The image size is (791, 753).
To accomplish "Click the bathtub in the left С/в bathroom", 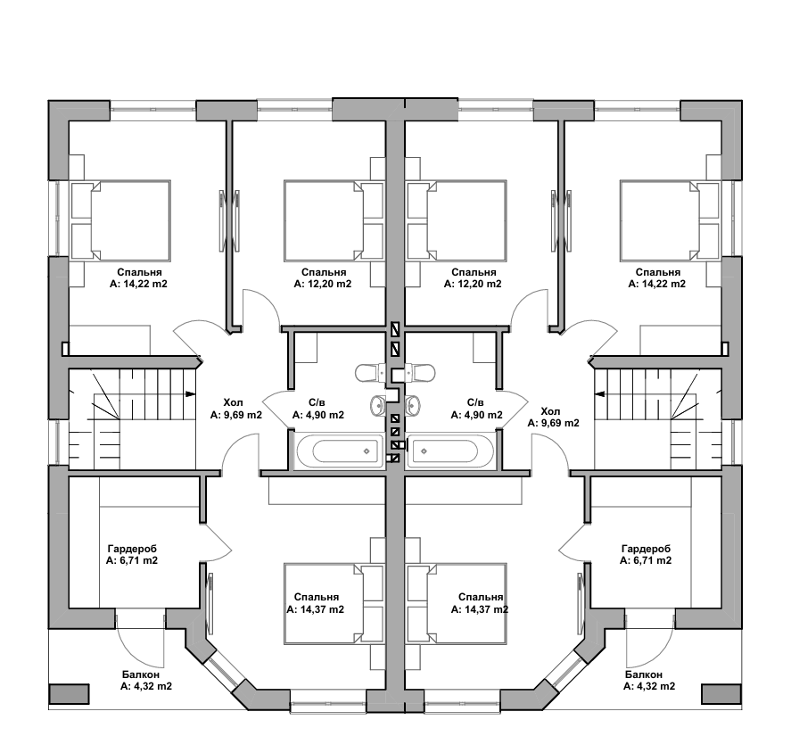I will point(340,451).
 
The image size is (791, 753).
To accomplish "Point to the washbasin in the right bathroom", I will point(413,405).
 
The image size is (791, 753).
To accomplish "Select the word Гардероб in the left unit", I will point(132,549).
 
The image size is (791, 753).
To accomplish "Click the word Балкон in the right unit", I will point(644,675).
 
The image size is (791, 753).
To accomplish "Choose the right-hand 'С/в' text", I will point(476,402).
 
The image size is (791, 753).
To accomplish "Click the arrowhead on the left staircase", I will point(191,393).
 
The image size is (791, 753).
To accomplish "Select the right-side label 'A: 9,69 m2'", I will point(553,424).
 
